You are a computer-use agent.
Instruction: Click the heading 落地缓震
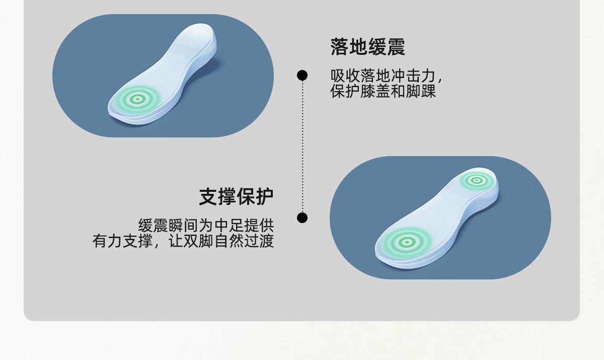[x=367, y=47]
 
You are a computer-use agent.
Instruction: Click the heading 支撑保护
[x=236, y=196]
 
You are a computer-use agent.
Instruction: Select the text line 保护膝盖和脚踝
[x=383, y=91]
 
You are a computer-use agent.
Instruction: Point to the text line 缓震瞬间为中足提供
[x=206, y=225]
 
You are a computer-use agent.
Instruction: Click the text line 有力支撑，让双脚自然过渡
[x=183, y=241]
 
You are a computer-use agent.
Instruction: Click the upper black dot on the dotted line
[x=302, y=76]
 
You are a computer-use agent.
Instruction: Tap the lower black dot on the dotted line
[x=302, y=218]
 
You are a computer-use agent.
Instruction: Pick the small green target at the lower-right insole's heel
[x=475, y=179]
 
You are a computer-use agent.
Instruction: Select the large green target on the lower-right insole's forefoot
[x=405, y=242]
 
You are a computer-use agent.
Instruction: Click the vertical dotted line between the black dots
[x=302, y=146]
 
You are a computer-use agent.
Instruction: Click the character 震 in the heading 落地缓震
[x=396, y=47]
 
